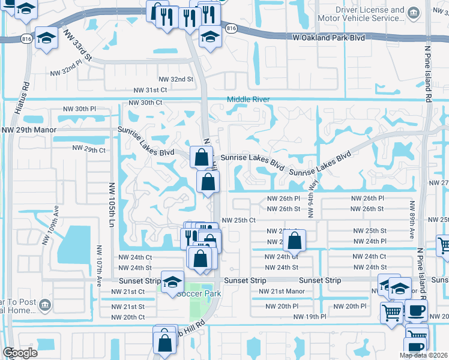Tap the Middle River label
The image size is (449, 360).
pos(248,100)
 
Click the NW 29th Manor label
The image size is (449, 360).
pos(29,130)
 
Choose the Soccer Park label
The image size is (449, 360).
pos(199,293)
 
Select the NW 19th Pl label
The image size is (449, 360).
pos(310,316)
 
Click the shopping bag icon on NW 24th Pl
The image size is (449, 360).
pos(295,241)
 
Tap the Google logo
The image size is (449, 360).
pos(20,353)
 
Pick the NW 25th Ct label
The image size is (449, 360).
pos(239,220)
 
